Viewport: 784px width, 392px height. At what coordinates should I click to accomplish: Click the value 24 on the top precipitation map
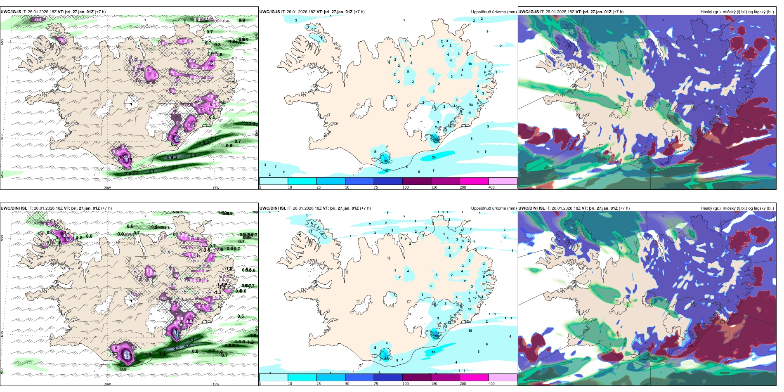[434, 157]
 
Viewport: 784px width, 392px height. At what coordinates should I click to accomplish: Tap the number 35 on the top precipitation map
[386, 161]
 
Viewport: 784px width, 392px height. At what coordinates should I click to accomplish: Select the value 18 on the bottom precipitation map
[433, 352]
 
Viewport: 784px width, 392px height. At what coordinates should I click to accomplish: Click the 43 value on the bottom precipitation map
[386, 358]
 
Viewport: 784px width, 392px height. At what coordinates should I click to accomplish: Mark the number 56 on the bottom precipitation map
[437, 336]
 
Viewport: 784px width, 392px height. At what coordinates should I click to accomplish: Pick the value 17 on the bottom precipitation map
[470, 309]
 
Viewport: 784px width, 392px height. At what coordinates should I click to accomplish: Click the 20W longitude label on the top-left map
[107, 188]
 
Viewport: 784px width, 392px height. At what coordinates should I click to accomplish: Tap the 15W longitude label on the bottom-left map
[215, 384]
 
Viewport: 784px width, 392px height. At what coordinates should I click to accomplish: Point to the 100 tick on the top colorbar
[406, 187]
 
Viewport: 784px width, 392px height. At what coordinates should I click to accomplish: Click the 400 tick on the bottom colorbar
[491, 384]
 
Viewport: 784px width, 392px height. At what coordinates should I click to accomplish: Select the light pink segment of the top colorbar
[503, 181]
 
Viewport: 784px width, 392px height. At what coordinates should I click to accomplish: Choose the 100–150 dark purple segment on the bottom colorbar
[417, 378]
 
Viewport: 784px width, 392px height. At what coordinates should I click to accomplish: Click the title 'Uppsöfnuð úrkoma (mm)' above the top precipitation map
[494, 12]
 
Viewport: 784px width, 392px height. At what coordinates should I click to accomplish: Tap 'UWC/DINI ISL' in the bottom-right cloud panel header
[531, 208]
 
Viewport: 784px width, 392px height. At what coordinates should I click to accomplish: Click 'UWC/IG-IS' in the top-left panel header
[14, 12]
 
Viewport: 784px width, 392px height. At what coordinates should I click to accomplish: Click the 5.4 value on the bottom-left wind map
[177, 349]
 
